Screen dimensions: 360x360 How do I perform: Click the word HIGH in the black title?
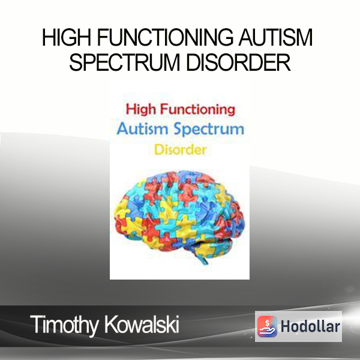click(x=67, y=37)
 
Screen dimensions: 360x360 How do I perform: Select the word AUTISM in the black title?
click(x=276, y=37)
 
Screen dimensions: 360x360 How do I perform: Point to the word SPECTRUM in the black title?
click(x=124, y=62)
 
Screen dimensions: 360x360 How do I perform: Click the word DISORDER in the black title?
click(x=238, y=62)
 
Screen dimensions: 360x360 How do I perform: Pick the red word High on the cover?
click(x=141, y=110)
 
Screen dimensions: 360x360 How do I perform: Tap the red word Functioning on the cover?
click(x=197, y=110)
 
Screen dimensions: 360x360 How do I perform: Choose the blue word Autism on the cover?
click(x=142, y=129)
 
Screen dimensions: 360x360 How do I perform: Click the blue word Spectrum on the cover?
click(x=209, y=130)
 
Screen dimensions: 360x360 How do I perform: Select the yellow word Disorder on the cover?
click(x=180, y=149)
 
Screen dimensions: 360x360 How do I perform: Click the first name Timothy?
click(x=64, y=325)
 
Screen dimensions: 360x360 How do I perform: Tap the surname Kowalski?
click(x=142, y=324)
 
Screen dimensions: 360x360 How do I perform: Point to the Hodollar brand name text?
click(x=310, y=326)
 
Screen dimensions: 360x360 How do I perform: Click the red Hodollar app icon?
click(x=267, y=326)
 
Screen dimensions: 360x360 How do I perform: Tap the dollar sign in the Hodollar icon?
click(x=267, y=323)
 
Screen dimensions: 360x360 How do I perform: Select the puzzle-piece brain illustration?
click(x=179, y=217)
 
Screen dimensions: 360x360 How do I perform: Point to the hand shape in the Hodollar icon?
click(x=267, y=331)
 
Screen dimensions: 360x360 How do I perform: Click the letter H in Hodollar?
click(x=286, y=326)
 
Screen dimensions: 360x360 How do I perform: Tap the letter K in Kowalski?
click(x=112, y=324)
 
